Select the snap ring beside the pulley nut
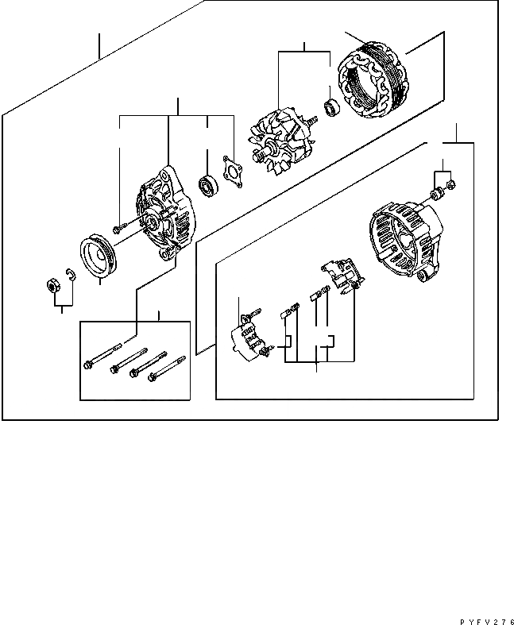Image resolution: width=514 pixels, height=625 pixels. (x=68, y=276)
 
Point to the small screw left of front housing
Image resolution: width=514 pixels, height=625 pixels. (x=120, y=229)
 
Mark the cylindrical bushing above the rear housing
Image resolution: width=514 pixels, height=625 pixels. (x=437, y=194)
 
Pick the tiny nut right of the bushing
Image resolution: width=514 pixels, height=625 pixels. (x=450, y=186)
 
